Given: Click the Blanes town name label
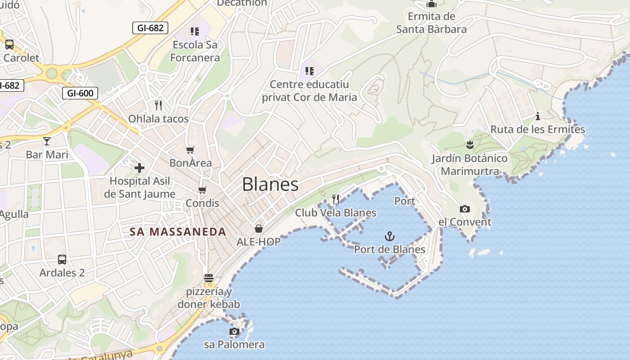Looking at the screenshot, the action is point(270,184).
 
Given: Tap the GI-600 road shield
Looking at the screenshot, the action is point(80,93).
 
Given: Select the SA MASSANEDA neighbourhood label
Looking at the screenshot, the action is point(178,232).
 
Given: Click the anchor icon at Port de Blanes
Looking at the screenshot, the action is point(390,236).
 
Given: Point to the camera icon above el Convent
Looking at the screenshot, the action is point(465,209).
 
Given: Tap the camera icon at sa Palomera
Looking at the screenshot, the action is point(234,332).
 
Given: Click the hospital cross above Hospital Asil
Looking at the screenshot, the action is point(139,168).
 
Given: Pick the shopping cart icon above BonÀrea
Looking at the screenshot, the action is point(190,150).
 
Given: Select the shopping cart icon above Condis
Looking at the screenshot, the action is point(202,190).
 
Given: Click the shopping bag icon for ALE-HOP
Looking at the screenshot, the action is point(259,229).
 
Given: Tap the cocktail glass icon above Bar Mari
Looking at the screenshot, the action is point(47,141).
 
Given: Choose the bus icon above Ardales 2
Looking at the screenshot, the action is point(62,260).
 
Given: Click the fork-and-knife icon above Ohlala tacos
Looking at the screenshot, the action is point(158,105).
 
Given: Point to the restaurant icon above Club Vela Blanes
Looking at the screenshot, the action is point(335,199).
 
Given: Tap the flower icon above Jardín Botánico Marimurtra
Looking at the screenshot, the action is point(470,145).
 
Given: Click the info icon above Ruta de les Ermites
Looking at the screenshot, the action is point(538,117).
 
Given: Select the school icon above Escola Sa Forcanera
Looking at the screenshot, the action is point(195,31).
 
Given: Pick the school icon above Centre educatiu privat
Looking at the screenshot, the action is point(309,71).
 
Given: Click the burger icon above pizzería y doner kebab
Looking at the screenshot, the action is point(208,278).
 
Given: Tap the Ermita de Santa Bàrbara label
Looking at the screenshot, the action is point(431,23).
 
